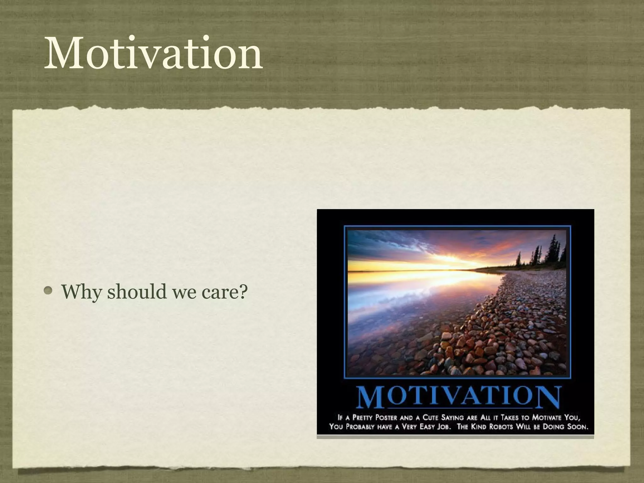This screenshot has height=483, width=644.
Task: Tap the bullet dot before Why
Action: [x=48, y=291]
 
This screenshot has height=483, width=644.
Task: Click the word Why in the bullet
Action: [x=81, y=292]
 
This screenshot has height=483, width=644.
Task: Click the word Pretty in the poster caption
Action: [x=362, y=418]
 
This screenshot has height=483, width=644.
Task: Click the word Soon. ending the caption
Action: [x=577, y=427]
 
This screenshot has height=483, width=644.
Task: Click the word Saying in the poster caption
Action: [x=452, y=418]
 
